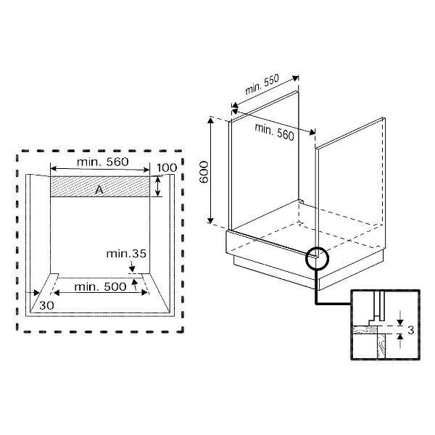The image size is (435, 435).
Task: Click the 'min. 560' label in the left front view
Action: click(101, 163)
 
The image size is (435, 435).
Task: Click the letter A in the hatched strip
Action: click(99, 188)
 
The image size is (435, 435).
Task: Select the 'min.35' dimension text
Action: click(126, 254)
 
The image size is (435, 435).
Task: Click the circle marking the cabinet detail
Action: click(317, 257)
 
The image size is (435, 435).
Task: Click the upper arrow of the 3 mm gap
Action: click(398, 321)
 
